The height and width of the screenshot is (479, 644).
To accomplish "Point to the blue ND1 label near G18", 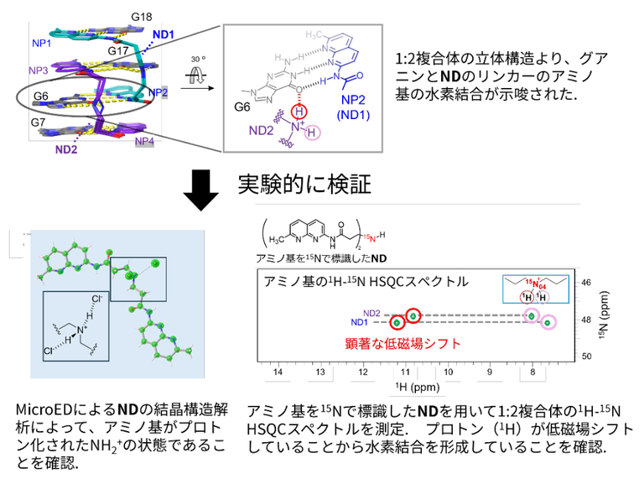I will pos(163,34).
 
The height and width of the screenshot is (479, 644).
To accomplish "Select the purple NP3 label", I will pos(39,70).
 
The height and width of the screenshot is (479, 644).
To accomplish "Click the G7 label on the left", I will pos(39,122).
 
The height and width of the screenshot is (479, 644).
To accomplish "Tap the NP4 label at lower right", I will pos(144,143).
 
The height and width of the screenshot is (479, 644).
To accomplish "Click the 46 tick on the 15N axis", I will pos(586,284).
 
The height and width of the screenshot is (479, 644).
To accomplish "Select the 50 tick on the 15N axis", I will pos(586,357).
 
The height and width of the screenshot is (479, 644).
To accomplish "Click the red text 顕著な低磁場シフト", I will pos(400,342).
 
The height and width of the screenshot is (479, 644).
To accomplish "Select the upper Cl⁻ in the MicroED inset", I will pos(96,299).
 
